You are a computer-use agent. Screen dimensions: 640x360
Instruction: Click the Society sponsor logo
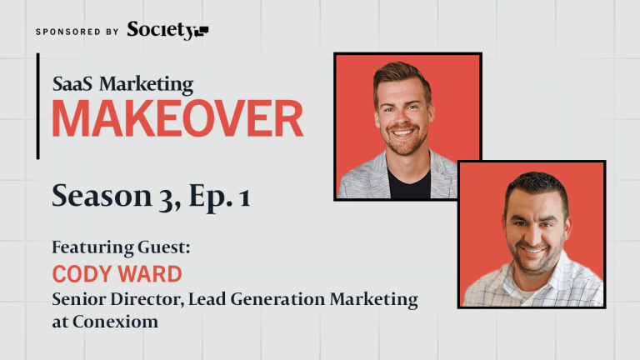pyautogui.click(x=167, y=30)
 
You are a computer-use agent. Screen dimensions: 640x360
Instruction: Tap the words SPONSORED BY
pyautogui.click(x=77, y=32)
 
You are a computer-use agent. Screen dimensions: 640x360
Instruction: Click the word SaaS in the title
pyautogui.click(x=72, y=83)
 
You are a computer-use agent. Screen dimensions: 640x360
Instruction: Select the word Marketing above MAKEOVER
pyautogui.click(x=147, y=85)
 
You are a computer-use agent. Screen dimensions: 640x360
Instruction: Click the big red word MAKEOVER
pyautogui.click(x=178, y=119)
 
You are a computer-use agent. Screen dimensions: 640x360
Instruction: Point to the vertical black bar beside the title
pyautogui.click(x=38, y=106)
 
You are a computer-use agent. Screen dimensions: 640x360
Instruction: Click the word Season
pyautogui.click(x=102, y=196)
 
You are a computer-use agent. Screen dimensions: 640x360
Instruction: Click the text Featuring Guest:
pyautogui.click(x=121, y=247)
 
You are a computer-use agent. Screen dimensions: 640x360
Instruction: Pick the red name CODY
pyautogui.click(x=82, y=274)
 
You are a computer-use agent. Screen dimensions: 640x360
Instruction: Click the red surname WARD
pyautogui.click(x=150, y=274)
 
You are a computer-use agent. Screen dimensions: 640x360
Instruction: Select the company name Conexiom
pyautogui.click(x=116, y=322)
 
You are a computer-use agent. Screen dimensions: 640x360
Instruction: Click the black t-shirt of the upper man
pyautogui.click(x=408, y=183)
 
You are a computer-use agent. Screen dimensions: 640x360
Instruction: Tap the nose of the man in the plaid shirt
pyautogui.click(x=533, y=235)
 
